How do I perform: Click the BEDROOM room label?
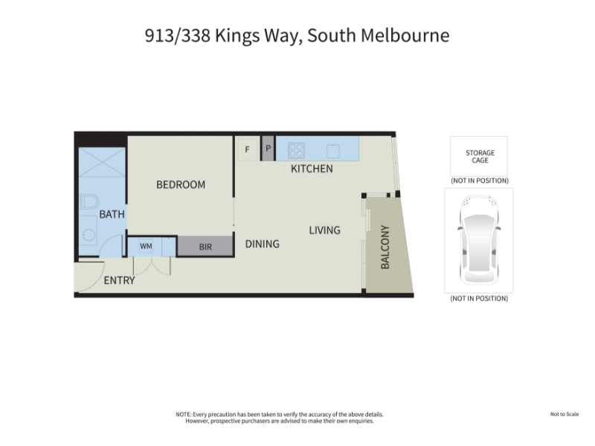pos(181,184)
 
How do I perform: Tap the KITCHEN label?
pos(312,169)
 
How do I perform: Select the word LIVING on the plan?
pos(324,230)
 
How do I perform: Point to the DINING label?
pos(263,244)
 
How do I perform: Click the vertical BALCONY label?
pos(385,247)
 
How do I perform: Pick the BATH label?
pos(112,214)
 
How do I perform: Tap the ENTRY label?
pos(119,280)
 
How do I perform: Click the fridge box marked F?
pos(247,149)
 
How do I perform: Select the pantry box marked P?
pos(268,148)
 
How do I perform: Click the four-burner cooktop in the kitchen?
pos(296,150)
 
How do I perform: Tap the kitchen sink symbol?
pos(332,151)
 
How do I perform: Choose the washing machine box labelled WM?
pos(146,247)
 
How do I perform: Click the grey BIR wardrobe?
pos(205,247)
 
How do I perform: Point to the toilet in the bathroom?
pos(89,201)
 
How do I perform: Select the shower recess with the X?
pos(102,162)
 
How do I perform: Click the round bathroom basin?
pos(89,235)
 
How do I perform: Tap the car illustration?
pos(478,239)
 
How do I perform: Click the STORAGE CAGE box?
pos(478,156)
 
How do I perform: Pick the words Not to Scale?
pos(565,414)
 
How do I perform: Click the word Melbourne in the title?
pos(405,36)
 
